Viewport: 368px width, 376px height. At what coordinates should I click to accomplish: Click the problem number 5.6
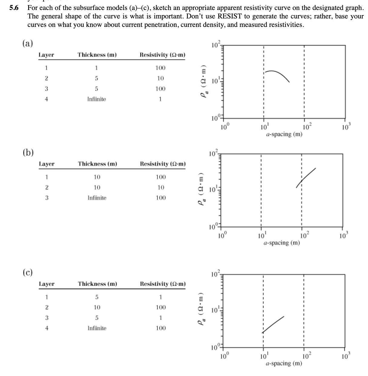14,8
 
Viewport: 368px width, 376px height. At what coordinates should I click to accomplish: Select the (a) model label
28,44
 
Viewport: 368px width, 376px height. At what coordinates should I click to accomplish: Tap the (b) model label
28,152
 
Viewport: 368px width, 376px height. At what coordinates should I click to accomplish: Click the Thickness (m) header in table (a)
97,55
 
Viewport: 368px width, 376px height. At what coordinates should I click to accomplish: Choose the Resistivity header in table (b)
163,164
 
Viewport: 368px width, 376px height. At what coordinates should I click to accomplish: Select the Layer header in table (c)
47,284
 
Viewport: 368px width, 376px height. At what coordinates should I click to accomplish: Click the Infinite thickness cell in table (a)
97,99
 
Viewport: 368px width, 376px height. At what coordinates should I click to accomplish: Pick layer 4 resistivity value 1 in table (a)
160,99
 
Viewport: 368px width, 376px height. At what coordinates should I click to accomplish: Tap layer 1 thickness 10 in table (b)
97,177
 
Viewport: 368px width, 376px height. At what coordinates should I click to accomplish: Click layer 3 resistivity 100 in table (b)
160,198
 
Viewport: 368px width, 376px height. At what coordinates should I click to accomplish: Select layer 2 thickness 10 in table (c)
97,307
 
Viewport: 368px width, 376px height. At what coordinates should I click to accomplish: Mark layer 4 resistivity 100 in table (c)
160,328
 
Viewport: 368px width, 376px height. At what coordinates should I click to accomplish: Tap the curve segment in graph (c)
273,325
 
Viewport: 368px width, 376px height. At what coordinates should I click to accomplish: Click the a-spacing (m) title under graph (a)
284,135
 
